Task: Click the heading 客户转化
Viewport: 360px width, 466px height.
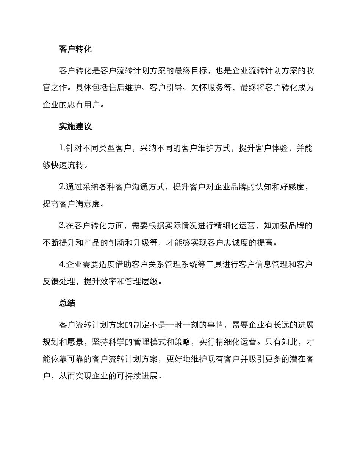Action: (75, 49)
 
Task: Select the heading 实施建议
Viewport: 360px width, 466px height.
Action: (75, 127)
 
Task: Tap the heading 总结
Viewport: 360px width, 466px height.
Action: (67, 303)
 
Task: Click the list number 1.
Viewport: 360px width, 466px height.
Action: (61, 149)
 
